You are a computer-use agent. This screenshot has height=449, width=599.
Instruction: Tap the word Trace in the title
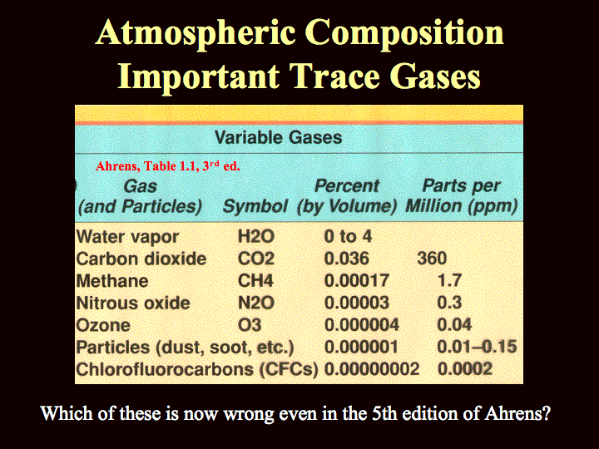coord(334,76)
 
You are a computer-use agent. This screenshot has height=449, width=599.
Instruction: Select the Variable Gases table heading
coord(278,137)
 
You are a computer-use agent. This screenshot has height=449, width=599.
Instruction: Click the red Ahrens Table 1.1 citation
coord(168,166)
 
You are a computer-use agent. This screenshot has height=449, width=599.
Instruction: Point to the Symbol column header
coord(255,206)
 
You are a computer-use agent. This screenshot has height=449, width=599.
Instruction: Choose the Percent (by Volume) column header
coord(347,196)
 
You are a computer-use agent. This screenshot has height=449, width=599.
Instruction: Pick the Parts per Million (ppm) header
coord(462,196)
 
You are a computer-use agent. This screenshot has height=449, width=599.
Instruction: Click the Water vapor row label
coord(127,238)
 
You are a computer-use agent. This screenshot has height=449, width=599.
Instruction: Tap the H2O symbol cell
coord(256,236)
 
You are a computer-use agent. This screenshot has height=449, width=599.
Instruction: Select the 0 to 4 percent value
coord(348,236)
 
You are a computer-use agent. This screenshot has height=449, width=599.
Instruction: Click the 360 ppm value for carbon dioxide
coord(432,259)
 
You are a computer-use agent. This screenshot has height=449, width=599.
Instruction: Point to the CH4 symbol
coord(255,281)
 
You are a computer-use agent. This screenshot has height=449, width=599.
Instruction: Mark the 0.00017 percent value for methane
coord(356,281)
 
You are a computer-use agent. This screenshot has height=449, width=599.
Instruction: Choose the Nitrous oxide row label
coord(133,303)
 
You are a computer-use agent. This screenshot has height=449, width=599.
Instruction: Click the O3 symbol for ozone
coord(250,325)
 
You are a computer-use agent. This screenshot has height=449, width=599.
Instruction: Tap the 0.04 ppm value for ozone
coord(454,325)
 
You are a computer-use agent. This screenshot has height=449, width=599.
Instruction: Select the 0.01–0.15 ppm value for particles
coord(478,347)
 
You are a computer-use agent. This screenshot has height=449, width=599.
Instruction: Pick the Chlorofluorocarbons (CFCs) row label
coord(197,369)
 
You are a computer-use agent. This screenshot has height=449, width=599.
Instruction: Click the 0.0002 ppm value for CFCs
coord(465,369)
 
